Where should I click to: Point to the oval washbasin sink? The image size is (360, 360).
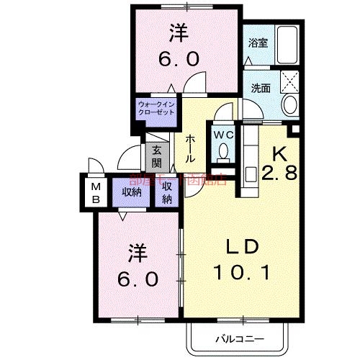pyautogui.click(x=290, y=104)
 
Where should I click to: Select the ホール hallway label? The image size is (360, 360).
pyautogui.click(x=191, y=148)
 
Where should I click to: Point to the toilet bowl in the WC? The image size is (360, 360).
pyautogui.click(x=223, y=153)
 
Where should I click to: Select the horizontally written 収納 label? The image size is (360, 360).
pyautogui.click(x=131, y=191)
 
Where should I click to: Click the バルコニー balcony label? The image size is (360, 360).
pyautogui.click(x=238, y=338)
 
